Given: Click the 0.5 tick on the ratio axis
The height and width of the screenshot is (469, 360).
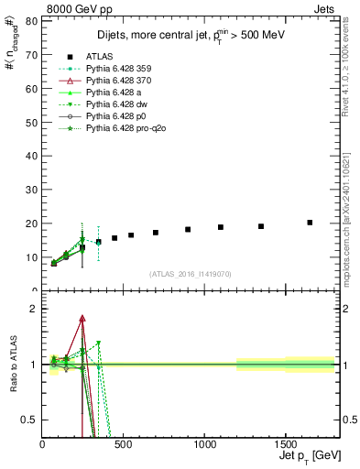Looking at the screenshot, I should point(30,420).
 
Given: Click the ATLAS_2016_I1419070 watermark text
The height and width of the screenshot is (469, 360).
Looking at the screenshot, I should point(190,274).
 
